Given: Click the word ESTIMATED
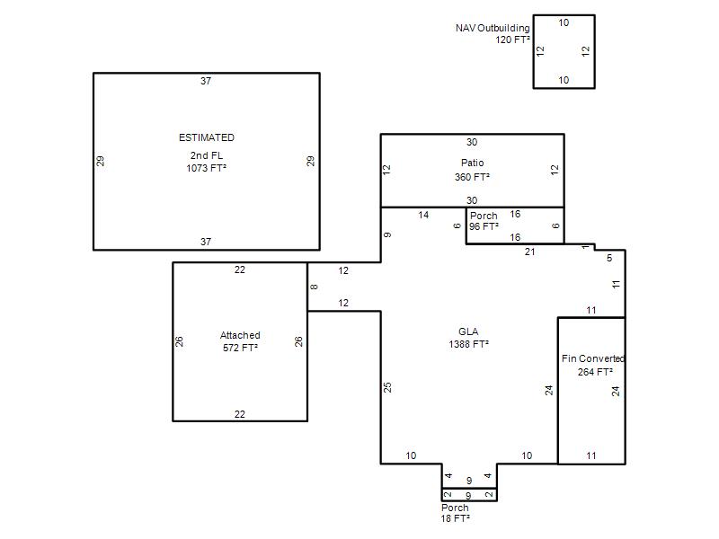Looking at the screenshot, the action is pyautogui.click(x=207, y=137).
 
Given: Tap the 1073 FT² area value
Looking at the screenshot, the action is pyautogui.click(x=207, y=168).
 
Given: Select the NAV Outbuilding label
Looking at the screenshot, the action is pyautogui.click(x=493, y=28).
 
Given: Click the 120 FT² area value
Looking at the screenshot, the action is pyautogui.click(x=512, y=40).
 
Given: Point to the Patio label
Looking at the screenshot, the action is pyautogui.click(x=473, y=163).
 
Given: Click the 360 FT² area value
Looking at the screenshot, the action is pyautogui.click(x=473, y=177).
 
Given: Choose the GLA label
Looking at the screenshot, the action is pyautogui.click(x=468, y=331).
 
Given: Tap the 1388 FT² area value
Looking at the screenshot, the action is pyautogui.click(x=468, y=344).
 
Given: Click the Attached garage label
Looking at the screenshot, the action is pyautogui.click(x=240, y=335).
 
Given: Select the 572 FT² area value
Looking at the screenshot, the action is pyautogui.click(x=240, y=348).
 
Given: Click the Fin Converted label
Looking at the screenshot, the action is pyautogui.click(x=593, y=358).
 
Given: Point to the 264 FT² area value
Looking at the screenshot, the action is pyautogui.click(x=595, y=372).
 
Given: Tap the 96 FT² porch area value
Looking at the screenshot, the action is pyautogui.click(x=484, y=226).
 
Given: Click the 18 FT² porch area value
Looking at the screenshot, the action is pyautogui.click(x=456, y=518).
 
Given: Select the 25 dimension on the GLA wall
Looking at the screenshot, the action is pyautogui.click(x=387, y=387).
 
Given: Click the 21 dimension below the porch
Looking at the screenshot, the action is pyautogui.click(x=529, y=252).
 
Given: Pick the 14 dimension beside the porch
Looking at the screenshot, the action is pyautogui.click(x=423, y=215).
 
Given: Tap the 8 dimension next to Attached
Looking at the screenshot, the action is pyautogui.click(x=314, y=287).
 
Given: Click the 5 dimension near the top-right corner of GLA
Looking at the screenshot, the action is pyautogui.click(x=609, y=258).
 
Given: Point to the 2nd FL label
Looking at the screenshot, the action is pyautogui.click(x=207, y=155).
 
